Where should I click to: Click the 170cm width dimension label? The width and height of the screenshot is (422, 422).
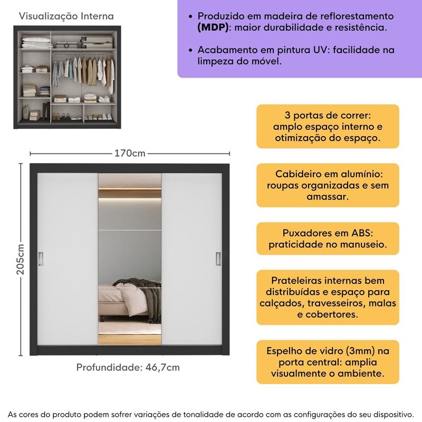130,154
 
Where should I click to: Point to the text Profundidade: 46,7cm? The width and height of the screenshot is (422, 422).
128,367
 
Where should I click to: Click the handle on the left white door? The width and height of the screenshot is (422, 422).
41,258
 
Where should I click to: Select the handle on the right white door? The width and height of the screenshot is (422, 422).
217,258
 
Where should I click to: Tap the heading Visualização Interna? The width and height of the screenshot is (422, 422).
66,17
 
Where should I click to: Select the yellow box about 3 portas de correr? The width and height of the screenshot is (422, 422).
328,127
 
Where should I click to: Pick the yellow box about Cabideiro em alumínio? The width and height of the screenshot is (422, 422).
328,185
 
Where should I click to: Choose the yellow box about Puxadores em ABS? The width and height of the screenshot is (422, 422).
328,239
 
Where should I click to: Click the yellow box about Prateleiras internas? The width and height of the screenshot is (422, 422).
328,297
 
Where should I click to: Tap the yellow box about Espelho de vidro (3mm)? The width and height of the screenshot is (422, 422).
328,362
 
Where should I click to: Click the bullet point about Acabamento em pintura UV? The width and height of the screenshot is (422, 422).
295,55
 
